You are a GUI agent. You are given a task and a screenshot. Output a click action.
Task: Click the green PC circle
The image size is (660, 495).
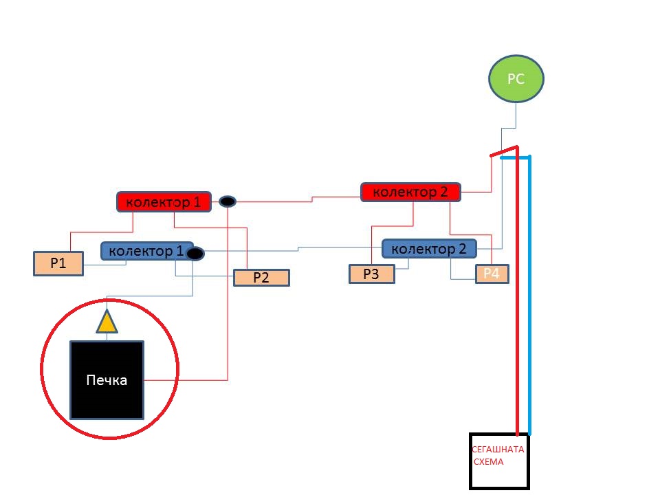coord(516,79)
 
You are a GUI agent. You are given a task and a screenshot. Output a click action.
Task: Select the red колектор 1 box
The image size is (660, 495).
coord(163,202)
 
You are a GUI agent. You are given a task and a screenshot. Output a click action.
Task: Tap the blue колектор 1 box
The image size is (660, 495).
coord(145,251)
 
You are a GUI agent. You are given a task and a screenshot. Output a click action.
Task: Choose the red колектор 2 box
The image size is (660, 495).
coord(410,192)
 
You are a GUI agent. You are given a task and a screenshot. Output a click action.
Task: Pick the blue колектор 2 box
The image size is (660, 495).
coord(429,248)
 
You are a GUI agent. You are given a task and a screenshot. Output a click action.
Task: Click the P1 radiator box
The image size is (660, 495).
coord(58,263)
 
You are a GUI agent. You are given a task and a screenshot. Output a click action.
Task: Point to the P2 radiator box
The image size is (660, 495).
coord(261,278)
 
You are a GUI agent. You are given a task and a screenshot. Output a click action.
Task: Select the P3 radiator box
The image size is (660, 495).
coord(372,274)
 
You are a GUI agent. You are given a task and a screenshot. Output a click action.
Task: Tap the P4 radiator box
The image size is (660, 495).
coord(492,274)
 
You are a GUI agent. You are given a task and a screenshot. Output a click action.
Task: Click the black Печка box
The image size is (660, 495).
coord(108,379)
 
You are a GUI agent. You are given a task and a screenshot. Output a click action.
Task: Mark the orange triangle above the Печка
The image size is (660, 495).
coord(106,322)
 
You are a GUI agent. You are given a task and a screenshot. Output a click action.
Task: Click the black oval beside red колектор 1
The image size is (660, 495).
coord(228,201)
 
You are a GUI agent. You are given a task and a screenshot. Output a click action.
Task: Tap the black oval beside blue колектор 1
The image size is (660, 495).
coord(195,254)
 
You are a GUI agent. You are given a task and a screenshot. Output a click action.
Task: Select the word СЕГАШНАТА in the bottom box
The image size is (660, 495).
coord(498,450)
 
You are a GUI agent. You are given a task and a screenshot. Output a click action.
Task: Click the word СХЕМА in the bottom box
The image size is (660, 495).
coord(489,462)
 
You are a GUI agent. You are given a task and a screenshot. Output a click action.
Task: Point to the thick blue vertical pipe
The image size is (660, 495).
coord(529,296)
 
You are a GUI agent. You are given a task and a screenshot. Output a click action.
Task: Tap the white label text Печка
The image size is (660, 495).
coord(107,380)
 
